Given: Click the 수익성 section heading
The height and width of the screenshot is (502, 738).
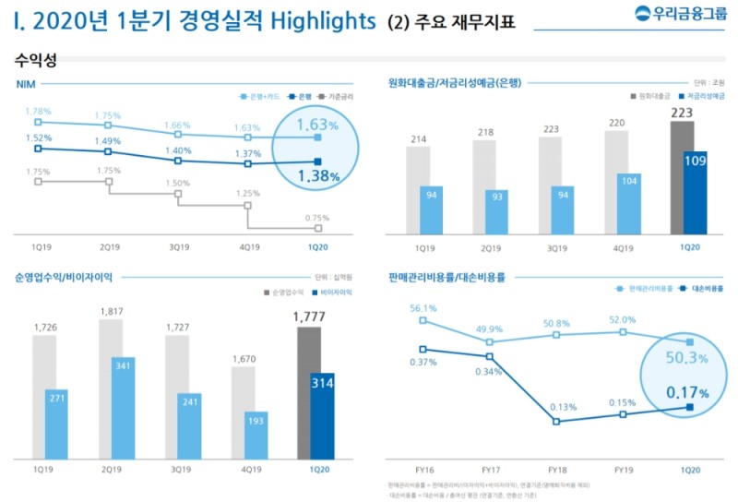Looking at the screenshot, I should coord(36,60).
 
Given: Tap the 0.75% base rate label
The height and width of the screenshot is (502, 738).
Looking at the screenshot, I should coord(318,218).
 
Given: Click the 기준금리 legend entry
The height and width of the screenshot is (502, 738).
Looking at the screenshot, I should coord(342,95).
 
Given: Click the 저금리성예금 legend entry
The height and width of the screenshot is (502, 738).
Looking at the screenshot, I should coord(700,95).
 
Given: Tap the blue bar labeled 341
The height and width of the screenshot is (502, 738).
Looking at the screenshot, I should coord(117,408).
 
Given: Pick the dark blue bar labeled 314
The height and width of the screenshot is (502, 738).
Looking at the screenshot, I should coord(323,415).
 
